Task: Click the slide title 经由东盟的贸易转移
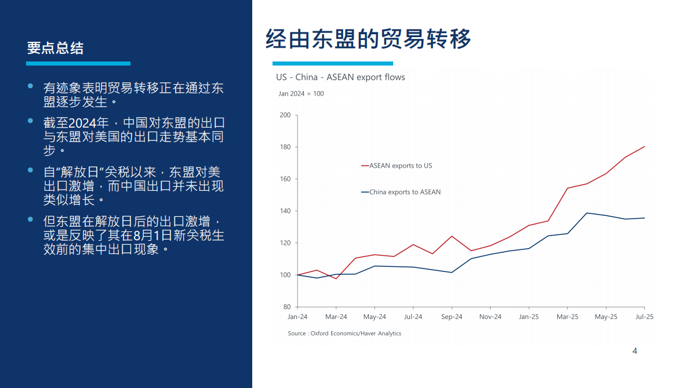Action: coord(368,39)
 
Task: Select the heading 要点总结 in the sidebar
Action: coord(55,48)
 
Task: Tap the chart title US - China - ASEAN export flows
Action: coord(340,77)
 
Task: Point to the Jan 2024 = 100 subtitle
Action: coord(301,93)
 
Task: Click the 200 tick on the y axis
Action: coord(285,115)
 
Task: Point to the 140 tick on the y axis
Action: coord(285,211)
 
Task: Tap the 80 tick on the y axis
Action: coord(286,307)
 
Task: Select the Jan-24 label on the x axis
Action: coord(297,317)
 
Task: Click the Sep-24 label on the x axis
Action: coord(452,317)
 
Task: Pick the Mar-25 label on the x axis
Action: coord(567,317)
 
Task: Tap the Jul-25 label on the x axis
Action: coord(644,317)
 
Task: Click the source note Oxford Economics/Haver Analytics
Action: coord(344,333)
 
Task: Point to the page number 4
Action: coord(634,351)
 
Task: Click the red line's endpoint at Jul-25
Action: coord(644,147)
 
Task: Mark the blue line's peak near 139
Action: coord(587,213)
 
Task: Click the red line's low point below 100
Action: coord(336,278)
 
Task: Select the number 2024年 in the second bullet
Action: coord(89,123)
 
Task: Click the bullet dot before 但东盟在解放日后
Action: coord(31,220)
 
